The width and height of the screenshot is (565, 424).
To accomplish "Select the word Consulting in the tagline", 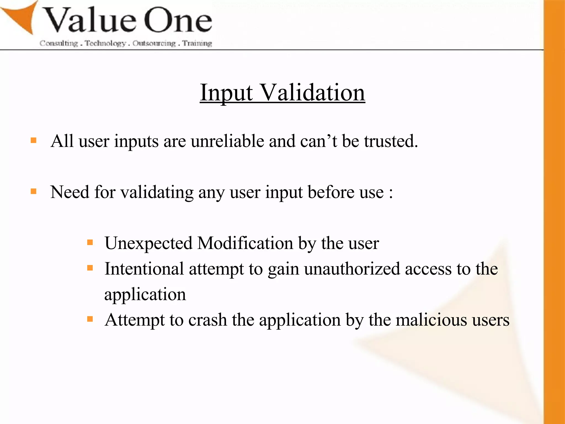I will click(x=59, y=43).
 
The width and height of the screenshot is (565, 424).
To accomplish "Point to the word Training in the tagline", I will click(x=197, y=43).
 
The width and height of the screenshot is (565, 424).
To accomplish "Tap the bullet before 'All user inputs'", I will click(x=34, y=141).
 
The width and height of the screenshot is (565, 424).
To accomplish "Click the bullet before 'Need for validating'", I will click(x=34, y=191).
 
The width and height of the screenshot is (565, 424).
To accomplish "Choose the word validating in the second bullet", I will click(x=157, y=192).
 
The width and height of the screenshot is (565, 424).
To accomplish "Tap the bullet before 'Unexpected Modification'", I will click(x=90, y=243).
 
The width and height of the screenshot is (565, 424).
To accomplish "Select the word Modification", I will click(x=245, y=243).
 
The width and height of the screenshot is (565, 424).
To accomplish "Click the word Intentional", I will click(x=144, y=269).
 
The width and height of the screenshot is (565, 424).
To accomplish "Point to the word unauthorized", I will click(x=352, y=269).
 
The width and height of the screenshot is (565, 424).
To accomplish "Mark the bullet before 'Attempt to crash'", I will click(x=90, y=319).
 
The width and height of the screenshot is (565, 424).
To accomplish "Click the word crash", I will click(x=207, y=320).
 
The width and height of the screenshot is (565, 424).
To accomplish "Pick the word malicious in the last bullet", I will click(x=431, y=320).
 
